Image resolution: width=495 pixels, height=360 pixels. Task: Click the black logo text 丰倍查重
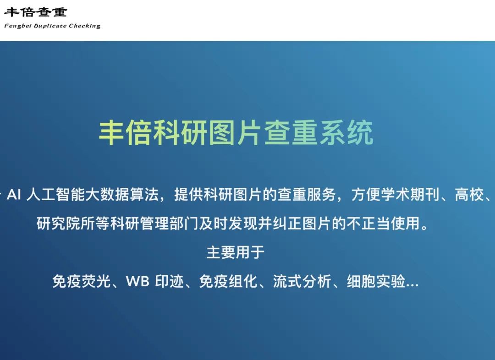(x=35, y=12)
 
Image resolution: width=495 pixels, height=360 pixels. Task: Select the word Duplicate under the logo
(x=50, y=26)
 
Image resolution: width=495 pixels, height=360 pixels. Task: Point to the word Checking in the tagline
(x=85, y=26)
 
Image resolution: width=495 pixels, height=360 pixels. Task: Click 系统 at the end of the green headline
(x=346, y=132)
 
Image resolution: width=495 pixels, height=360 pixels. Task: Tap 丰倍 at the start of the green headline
(x=126, y=132)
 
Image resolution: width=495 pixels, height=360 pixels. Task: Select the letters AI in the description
(x=14, y=194)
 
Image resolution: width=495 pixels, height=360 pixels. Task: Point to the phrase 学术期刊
(x=410, y=194)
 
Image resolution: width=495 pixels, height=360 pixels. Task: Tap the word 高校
(x=469, y=194)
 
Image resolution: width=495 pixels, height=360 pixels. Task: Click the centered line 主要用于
(x=236, y=252)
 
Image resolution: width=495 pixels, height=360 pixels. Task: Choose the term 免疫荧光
(x=82, y=281)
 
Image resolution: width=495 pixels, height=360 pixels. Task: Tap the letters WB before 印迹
(x=137, y=281)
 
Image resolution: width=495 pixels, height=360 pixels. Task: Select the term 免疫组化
(x=228, y=281)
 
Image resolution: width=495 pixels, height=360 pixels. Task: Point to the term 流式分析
(x=302, y=281)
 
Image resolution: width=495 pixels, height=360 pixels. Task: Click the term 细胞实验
(x=376, y=281)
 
